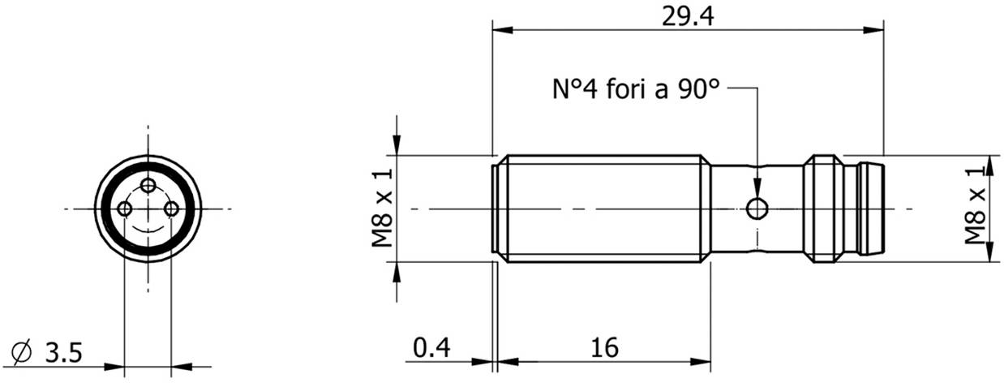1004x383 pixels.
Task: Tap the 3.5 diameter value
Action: [62, 353]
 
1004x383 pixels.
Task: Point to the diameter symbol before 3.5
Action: [24, 353]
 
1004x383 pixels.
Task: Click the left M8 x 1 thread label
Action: [384, 209]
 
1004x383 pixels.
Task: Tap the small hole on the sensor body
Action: [757, 209]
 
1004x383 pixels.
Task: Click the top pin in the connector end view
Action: [148, 185]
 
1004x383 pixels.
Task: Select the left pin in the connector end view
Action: [124, 209]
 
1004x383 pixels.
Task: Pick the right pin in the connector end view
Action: [171, 209]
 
